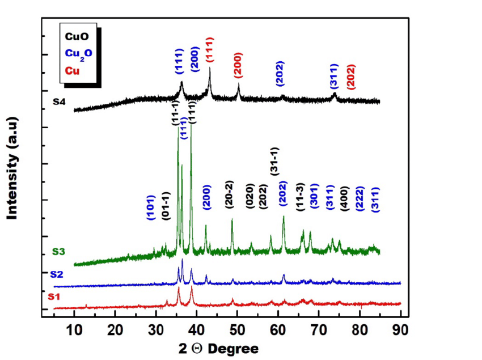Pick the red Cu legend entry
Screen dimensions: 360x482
point(73,71)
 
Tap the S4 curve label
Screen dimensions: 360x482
point(61,102)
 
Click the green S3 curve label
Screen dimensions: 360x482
point(60,251)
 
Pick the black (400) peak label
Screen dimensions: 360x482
point(345,199)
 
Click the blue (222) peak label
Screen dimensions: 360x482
point(360,199)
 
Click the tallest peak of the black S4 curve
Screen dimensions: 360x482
point(210,69)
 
